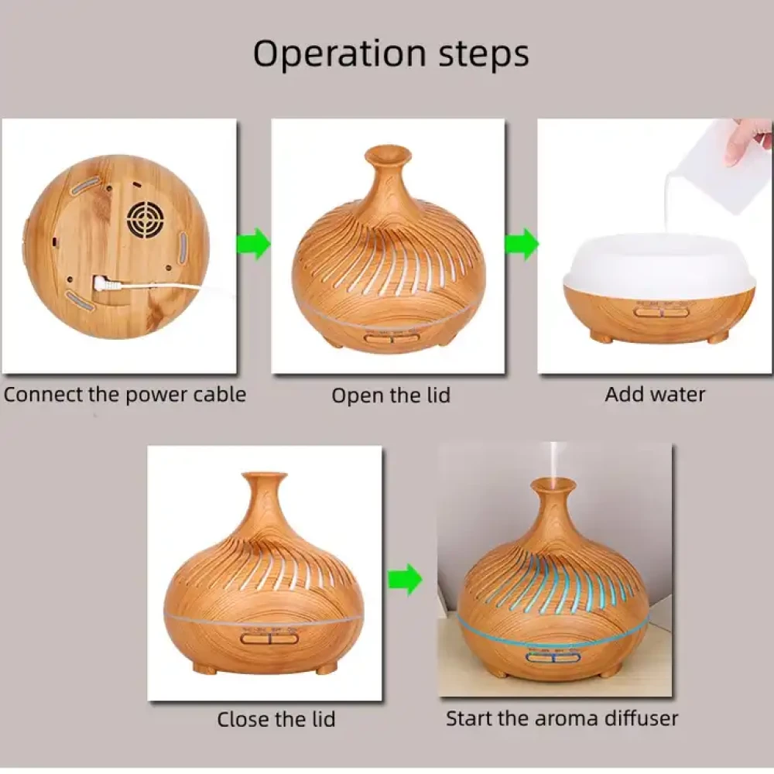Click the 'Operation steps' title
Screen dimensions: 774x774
click(391, 54)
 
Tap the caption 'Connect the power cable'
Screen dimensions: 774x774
click(125, 395)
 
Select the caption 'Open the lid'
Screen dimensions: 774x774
click(391, 396)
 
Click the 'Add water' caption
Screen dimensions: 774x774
click(655, 395)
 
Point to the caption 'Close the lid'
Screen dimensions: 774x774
click(276, 719)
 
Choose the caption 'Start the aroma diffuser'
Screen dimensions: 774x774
click(561, 718)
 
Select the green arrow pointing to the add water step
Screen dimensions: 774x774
click(522, 245)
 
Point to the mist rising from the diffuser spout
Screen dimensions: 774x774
click(554, 461)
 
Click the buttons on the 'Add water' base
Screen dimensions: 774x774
click(655, 312)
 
